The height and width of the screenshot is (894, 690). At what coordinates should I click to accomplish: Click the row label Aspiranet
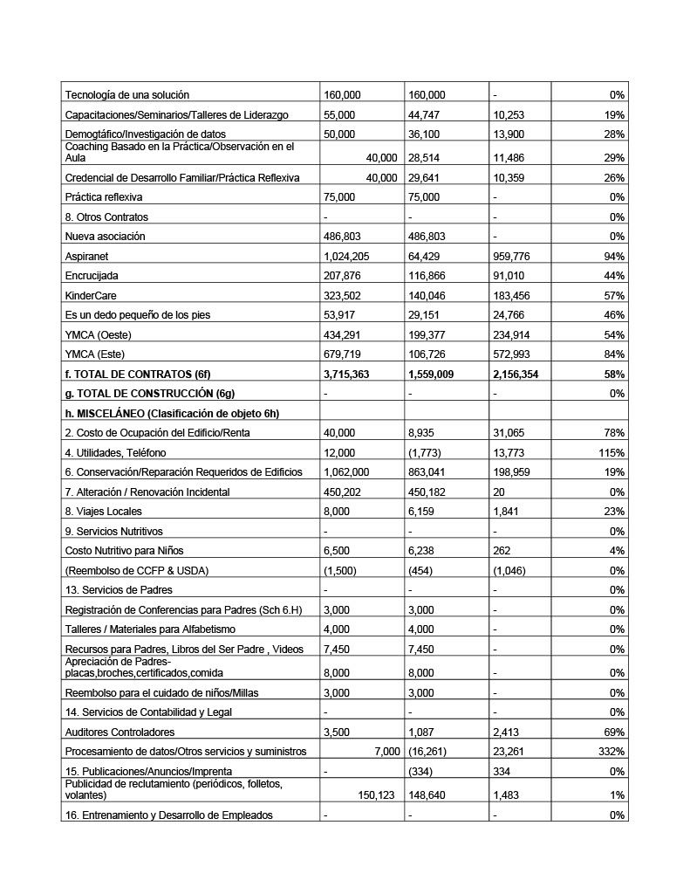[86, 257]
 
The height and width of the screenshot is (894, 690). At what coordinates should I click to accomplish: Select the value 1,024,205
[343, 257]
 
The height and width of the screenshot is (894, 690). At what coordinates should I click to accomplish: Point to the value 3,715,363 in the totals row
[346, 374]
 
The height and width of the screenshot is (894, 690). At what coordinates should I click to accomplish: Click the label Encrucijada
[91, 276]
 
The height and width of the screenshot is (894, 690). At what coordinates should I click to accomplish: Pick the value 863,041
[427, 472]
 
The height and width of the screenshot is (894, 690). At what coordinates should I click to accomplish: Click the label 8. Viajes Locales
[104, 512]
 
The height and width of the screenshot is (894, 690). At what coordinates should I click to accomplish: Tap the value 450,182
[427, 492]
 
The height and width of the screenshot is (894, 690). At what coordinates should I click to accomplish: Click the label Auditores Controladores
[120, 732]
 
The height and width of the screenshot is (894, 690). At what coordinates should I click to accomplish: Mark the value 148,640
[427, 796]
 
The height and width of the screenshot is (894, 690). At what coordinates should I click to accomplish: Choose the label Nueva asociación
[105, 237]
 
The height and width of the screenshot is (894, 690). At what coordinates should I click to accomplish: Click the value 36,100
[423, 134]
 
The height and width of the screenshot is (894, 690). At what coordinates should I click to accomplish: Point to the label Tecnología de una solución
[127, 95]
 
